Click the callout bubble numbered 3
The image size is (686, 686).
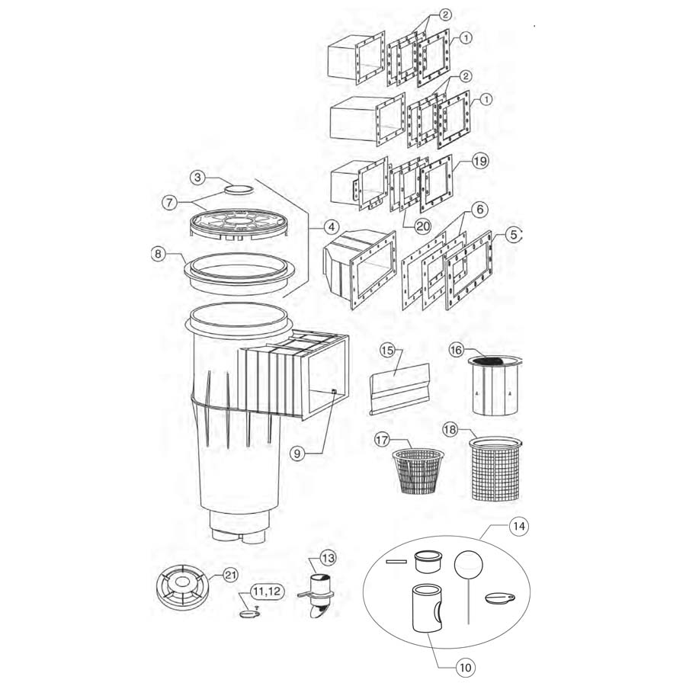click(197, 177)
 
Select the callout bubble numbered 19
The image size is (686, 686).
click(480, 161)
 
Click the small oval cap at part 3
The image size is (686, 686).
click(239, 186)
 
